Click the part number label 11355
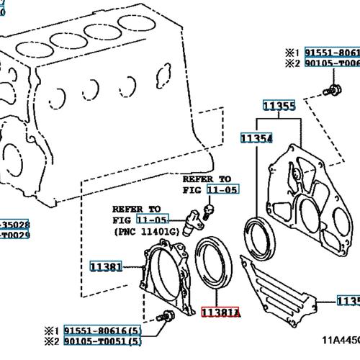279,107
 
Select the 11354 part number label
256,138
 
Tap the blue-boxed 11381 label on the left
106,266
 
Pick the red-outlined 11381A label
220,314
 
